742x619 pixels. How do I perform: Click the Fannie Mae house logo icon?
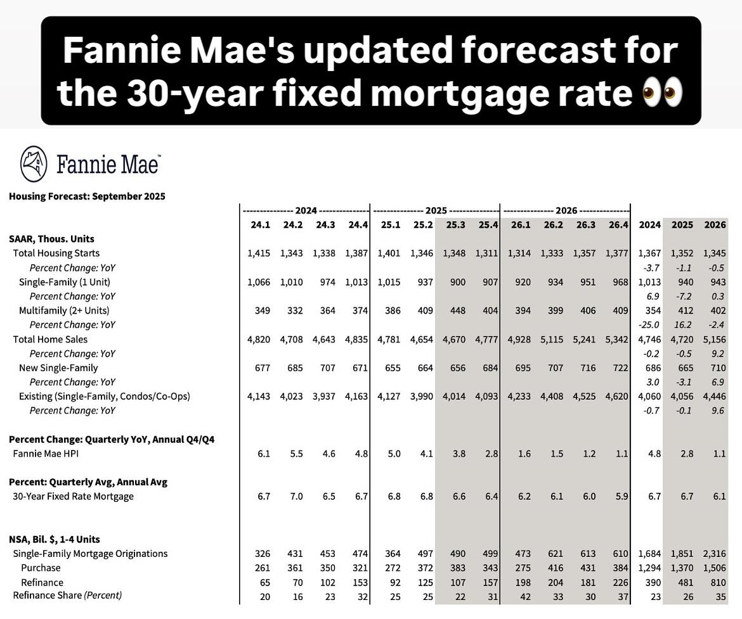coord(34,163)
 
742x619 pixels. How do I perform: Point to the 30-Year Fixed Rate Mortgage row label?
coord(73,496)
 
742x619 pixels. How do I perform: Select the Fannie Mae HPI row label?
coord(46,454)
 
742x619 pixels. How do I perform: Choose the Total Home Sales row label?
coord(50,340)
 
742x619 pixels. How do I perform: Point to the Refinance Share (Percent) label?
coord(67,596)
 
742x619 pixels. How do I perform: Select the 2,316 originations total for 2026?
coord(715,554)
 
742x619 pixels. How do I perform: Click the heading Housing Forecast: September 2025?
coord(87,196)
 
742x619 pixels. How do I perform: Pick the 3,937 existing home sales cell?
coord(324,397)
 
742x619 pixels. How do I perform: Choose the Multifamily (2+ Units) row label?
coord(64,310)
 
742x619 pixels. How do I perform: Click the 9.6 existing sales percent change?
coord(719,411)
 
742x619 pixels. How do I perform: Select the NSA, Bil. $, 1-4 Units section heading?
coord(55,539)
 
